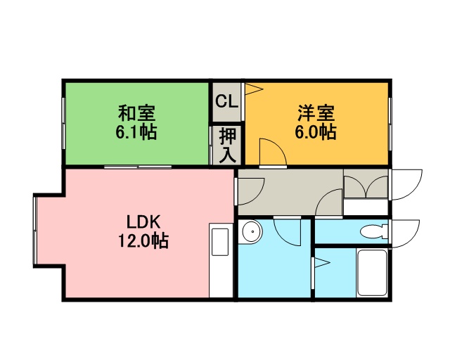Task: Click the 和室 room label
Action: (136, 113)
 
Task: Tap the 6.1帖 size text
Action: (136, 131)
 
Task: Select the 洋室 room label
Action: (316, 113)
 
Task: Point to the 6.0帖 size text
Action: (316, 131)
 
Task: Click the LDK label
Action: (143, 222)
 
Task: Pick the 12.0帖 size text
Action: (143, 240)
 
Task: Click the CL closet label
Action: (226, 101)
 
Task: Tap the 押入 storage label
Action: (228, 146)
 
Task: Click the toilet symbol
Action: (375, 232)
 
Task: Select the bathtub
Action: (372, 272)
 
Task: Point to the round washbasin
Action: (252, 231)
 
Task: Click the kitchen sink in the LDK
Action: (220, 242)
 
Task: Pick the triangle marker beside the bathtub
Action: (321, 262)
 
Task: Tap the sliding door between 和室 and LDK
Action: (138, 167)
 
